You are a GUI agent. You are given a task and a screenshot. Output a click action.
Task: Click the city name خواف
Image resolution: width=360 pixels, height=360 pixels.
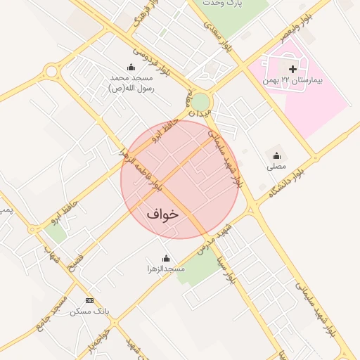tap(163, 213)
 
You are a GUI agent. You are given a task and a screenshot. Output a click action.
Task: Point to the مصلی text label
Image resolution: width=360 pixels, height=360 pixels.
tap(276, 168)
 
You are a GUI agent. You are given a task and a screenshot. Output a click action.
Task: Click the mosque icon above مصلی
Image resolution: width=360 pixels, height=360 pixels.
tap(276, 156)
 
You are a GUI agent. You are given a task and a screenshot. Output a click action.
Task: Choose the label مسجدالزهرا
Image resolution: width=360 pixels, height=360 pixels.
tap(166, 270)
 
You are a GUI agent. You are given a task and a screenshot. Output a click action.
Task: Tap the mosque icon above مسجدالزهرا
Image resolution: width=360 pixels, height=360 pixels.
tap(166, 258)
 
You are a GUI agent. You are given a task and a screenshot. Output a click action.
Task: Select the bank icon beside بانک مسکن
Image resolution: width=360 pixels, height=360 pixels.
tap(89, 300)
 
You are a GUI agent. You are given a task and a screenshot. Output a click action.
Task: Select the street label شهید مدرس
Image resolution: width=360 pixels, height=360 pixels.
tap(214, 241)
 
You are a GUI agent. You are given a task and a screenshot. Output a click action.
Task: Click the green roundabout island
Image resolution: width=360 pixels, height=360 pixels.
tap(201, 101)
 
